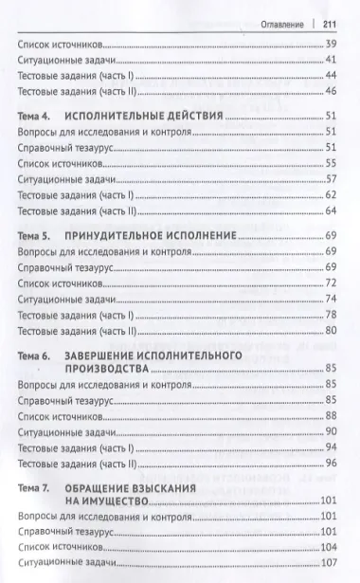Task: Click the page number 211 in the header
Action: [x=331, y=25]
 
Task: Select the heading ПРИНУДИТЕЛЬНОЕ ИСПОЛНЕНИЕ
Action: [x=150, y=234]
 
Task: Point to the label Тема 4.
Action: [x=37, y=114]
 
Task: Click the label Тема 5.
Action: [x=37, y=234]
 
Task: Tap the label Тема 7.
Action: [x=37, y=487]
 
